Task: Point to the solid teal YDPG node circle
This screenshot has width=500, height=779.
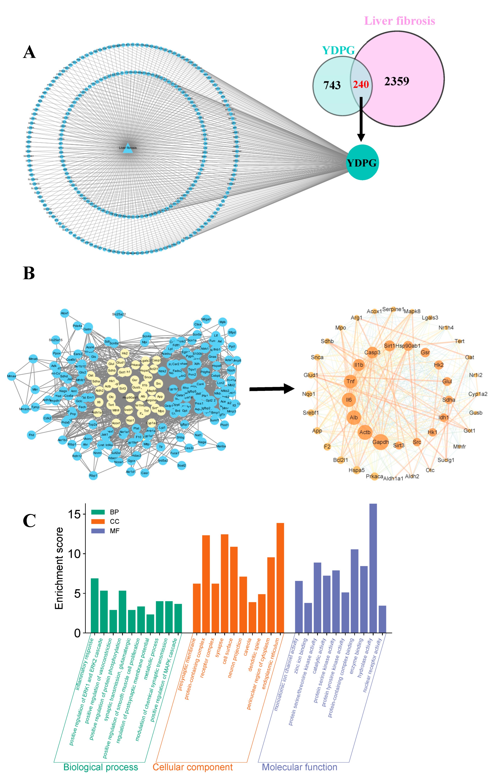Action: pos(362,162)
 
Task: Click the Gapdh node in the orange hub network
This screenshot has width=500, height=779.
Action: pos(380,442)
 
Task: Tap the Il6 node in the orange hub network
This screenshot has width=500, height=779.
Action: pos(348,400)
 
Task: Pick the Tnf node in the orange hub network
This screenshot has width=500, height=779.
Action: pos(350,381)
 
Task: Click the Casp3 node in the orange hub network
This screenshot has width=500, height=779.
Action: pos(372,352)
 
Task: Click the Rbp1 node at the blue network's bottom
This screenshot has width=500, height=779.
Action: pos(93,476)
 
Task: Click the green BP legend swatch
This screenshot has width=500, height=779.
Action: pos(98,512)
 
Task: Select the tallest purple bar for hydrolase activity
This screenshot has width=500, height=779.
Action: pos(373,568)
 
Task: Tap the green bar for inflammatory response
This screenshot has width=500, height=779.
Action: pos(95,606)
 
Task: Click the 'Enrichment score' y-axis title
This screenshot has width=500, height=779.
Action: pos(59,568)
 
